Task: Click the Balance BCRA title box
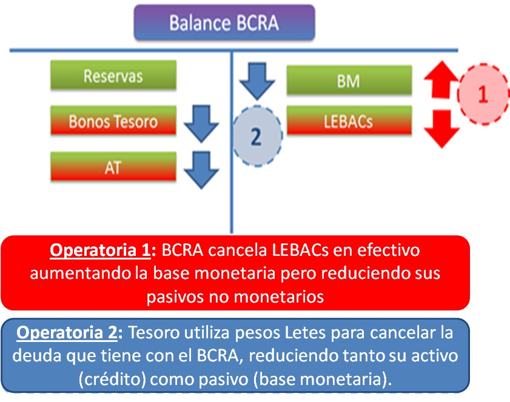pyautogui.click(x=224, y=23)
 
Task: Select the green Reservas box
pyautogui.click(x=113, y=76)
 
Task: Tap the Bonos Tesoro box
pyautogui.click(x=113, y=121)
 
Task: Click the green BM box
pyautogui.click(x=349, y=81)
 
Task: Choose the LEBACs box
pyautogui.click(x=349, y=121)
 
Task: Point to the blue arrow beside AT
pyautogui.click(x=201, y=169)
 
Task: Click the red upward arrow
pyautogui.click(x=438, y=81)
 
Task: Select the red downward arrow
pyautogui.click(x=438, y=128)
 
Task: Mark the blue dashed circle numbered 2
pyautogui.click(x=257, y=136)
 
